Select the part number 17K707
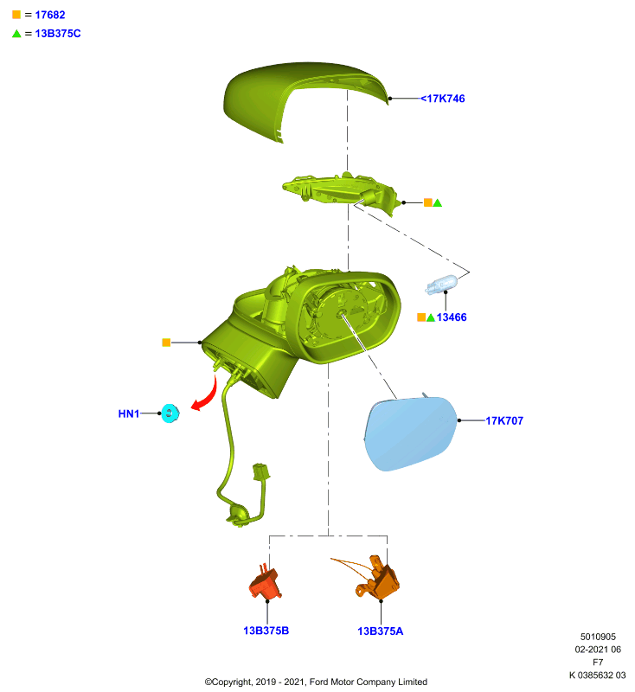pyautogui.click(x=504, y=420)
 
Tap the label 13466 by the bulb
pyautogui.click(x=452, y=317)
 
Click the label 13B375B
pyautogui.click(x=266, y=631)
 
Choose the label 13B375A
pyautogui.click(x=381, y=631)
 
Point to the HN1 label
pyautogui.click(x=129, y=413)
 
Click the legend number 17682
pyautogui.click(x=50, y=15)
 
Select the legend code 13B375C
pyautogui.click(x=58, y=34)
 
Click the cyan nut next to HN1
pyautogui.click(x=170, y=413)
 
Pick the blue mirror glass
pyautogui.click(x=410, y=432)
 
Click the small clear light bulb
pyautogui.click(x=441, y=285)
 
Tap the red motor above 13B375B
pyautogui.click(x=266, y=582)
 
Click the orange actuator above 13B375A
pyautogui.click(x=378, y=578)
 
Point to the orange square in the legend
pyautogui.click(x=16, y=15)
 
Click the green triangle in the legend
pyautogui.click(x=16, y=34)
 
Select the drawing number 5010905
pyautogui.click(x=598, y=637)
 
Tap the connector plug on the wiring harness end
pyautogui.click(x=260, y=471)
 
